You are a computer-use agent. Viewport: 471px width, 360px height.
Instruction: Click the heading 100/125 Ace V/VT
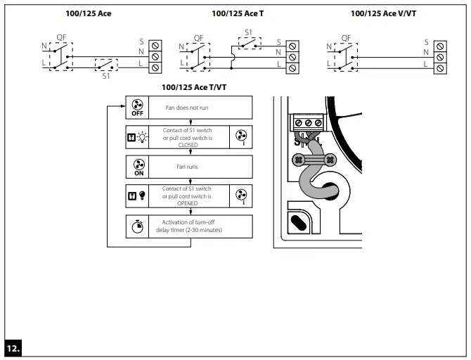[383, 13]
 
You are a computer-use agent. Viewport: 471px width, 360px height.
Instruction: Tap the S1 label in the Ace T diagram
[248, 32]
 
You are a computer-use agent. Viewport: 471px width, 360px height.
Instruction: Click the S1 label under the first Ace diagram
[106, 75]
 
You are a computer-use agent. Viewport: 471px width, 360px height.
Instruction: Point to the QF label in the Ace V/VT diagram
[346, 38]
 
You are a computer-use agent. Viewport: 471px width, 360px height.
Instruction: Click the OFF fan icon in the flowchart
[137, 108]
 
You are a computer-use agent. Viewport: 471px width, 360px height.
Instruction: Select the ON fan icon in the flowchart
[137, 167]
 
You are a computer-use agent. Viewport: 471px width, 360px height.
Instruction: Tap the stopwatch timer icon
[137, 226]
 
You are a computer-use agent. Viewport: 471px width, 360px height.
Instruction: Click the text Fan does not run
[186, 108]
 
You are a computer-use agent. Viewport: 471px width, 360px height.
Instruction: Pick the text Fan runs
[186, 167]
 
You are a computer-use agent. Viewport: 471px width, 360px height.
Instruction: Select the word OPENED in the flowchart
[187, 203]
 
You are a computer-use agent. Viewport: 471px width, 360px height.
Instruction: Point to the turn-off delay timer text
[188, 226]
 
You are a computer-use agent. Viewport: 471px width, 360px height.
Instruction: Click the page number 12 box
[13, 347]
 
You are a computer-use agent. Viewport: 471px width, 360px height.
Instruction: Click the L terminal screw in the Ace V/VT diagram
[440, 68]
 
